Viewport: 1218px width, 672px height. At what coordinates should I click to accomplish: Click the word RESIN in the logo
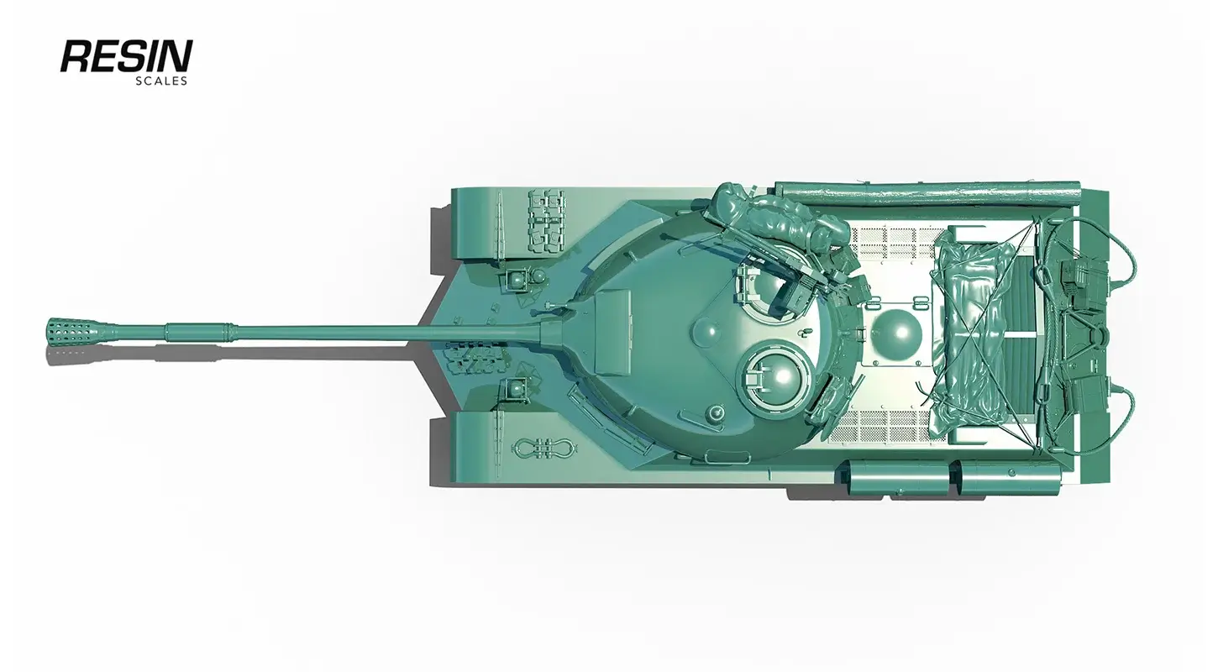tap(126, 55)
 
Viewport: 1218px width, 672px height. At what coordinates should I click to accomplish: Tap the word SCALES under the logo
tap(161, 81)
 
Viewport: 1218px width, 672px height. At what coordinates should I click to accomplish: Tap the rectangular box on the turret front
tap(612, 332)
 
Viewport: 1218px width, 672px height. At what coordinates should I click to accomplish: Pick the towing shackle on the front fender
tap(543, 448)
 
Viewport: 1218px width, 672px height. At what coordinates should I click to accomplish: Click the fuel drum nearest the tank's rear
tap(1009, 479)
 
